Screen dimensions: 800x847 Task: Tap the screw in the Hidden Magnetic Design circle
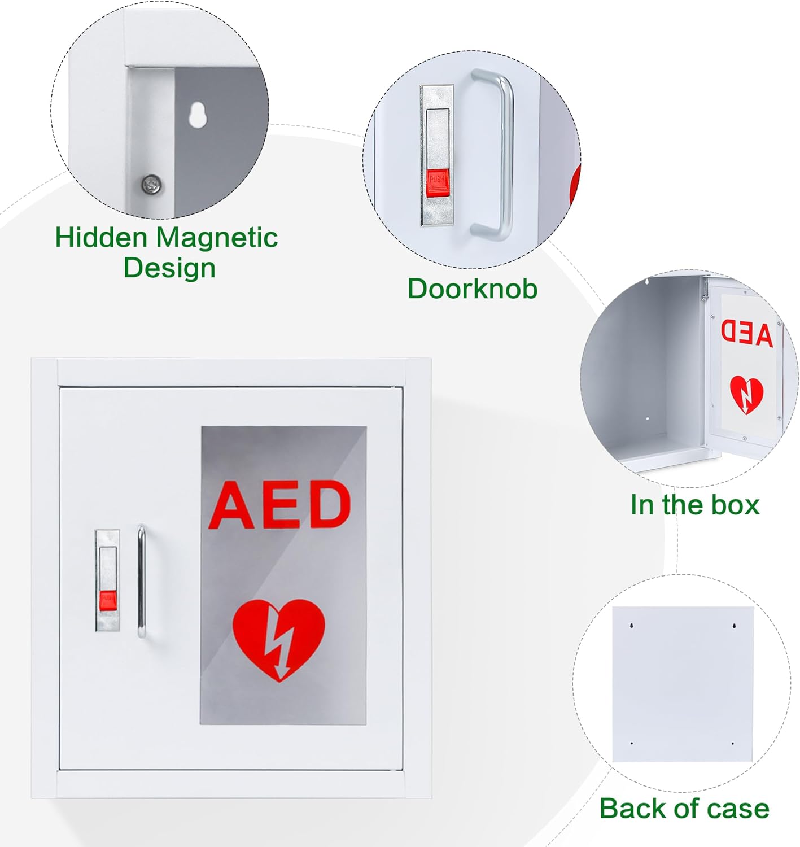[x=151, y=184]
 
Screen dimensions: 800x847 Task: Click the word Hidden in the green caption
[x=101, y=238]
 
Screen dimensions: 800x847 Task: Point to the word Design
[x=169, y=268]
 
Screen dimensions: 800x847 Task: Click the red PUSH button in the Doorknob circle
[x=437, y=183]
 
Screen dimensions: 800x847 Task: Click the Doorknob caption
[x=472, y=289]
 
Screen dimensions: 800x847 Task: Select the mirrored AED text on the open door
[x=746, y=333]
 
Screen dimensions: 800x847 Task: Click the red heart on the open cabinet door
[x=746, y=394]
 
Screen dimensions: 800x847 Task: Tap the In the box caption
[x=694, y=505]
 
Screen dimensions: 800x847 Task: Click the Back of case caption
[x=684, y=808]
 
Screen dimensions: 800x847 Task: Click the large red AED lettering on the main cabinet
[x=280, y=505]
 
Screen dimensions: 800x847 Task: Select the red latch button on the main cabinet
[x=107, y=601]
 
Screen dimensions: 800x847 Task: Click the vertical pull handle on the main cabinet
[x=141, y=582]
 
